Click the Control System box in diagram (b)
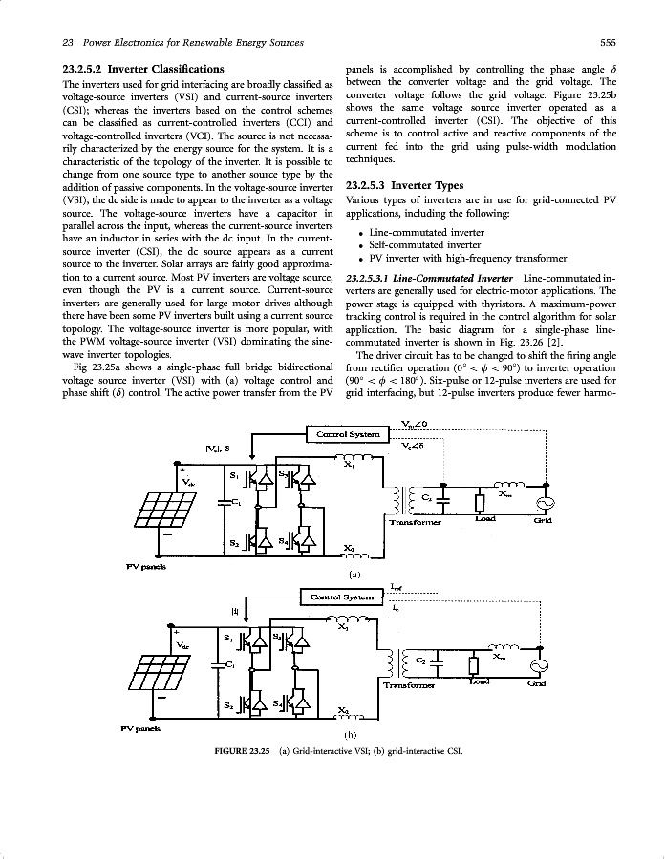tap(340, 597)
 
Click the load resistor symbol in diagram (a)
tap(480, 503)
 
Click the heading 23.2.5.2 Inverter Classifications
tap(141, 69)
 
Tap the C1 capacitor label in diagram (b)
tap(232, 664)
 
